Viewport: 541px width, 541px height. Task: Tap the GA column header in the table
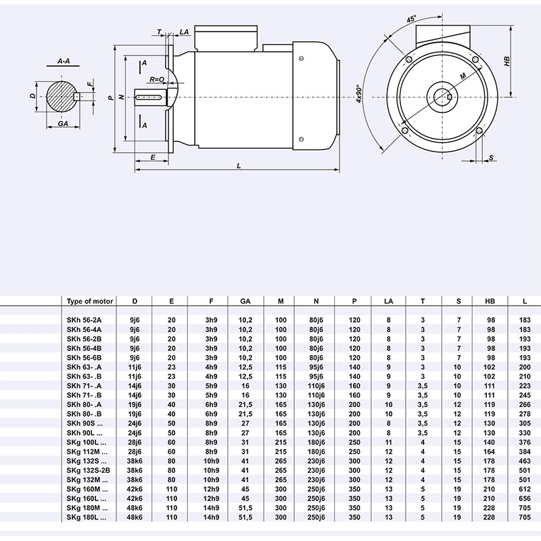pos(244,301)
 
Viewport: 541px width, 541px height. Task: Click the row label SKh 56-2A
pos(84,319)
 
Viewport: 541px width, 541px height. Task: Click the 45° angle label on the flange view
pos(411,20)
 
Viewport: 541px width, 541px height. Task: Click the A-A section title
pos(64,61)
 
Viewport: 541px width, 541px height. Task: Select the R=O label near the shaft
pos(157,79)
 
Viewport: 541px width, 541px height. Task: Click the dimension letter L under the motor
pos(239,166)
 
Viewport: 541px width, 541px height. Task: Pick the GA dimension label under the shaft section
pos(62,124)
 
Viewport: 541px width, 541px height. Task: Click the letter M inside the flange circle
pos(463,77)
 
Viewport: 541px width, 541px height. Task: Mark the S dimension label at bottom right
pos(492,157)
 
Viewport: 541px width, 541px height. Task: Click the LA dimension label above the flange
pos(185,32)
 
